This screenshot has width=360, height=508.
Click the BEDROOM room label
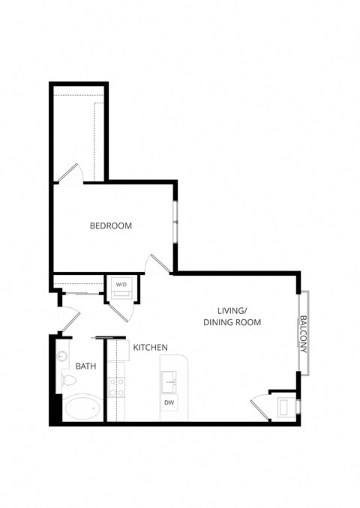point(111,226)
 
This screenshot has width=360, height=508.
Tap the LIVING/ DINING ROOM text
point(232,316)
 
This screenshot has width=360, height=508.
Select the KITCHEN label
point(150,347)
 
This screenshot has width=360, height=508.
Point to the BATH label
point(85,366)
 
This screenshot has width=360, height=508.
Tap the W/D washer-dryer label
point(121,285)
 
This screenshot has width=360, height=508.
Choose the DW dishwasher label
point(169,403)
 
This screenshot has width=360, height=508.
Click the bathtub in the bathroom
point(82,408)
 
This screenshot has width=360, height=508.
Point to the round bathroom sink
point(63,356)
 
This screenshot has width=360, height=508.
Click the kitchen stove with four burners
point(116,387)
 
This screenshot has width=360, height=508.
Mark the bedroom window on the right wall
point(175,222)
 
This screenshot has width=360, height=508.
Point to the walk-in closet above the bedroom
point(79,135)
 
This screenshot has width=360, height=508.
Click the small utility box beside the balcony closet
point(285,408)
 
